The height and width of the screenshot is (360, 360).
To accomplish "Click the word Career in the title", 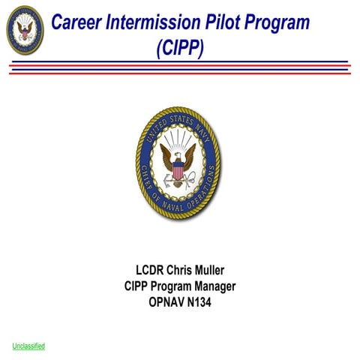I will click(76, 22).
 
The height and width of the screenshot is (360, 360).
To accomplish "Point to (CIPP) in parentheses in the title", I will click(180, 48).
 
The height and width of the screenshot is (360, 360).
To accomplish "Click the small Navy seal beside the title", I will click(25, 30).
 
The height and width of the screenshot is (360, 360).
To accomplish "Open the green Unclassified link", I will click(28, 346).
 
